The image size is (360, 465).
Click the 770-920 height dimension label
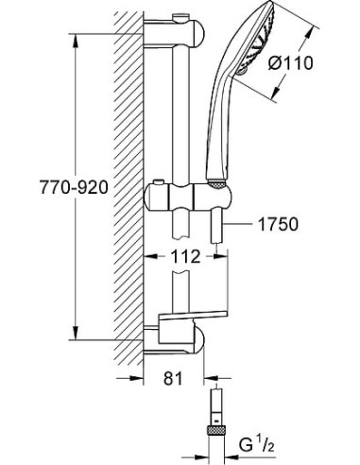pos(74,188)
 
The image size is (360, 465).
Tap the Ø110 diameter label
pos(291,63)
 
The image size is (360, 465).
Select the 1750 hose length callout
pos(278,225)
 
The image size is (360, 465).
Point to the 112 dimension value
pos(185,257)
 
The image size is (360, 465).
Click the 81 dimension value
pos(173,378)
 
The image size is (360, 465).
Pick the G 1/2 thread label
pos(256,446)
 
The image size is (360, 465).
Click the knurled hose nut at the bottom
pos(216,430)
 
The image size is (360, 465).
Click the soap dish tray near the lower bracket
pos(193,317)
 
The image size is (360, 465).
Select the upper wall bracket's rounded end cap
pos(197,34)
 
